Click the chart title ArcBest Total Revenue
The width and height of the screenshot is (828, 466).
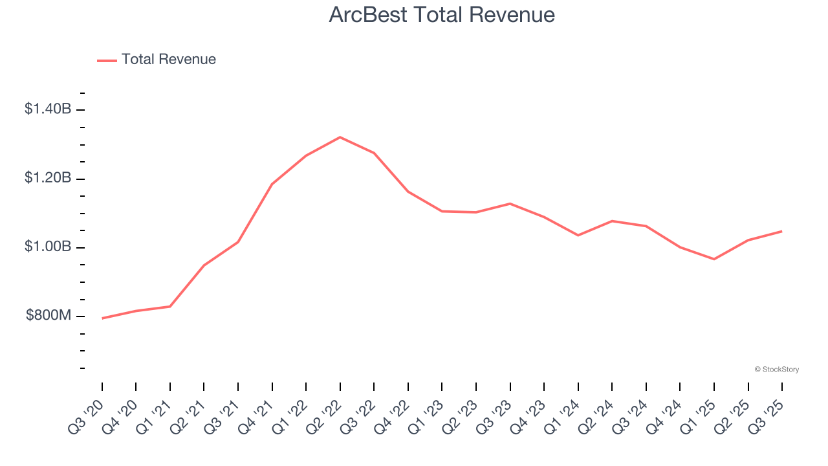tap(442, 15)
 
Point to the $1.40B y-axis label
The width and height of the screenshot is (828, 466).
tap(48, 109)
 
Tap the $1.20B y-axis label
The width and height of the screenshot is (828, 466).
tap(48, 177)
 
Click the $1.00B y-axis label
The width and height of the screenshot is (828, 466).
tap(48, 247)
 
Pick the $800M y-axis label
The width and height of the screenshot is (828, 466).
tap(49, 316)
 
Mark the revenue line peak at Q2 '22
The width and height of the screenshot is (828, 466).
tap(340, 137)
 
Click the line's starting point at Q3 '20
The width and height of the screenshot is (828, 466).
tap(102, 318)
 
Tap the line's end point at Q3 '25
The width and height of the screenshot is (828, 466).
tap(782, 231)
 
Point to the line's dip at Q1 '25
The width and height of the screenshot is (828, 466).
tap(714, 259)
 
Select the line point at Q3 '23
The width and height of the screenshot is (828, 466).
tap(510, 204)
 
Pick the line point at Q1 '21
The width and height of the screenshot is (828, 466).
tap(170, 306)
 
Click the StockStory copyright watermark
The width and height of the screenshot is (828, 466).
tap(777, 370)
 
